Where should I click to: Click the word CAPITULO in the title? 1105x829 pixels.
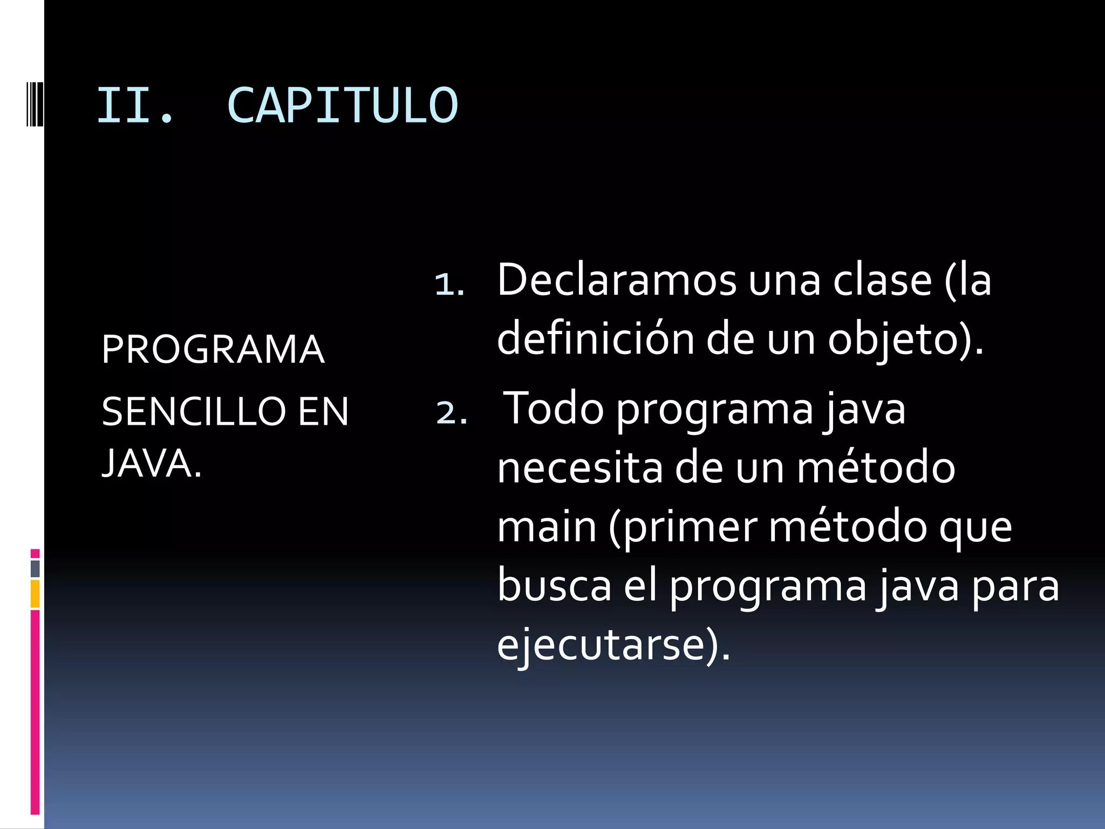(x=343, y=105)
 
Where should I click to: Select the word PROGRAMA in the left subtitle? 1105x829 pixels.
(x=213, y=349)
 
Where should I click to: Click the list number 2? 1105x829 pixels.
(x=451, y=413)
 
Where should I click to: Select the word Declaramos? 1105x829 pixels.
(x=617, y=280)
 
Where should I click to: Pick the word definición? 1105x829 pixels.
(x=595, y=339)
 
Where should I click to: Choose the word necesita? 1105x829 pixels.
(x=579, y=467)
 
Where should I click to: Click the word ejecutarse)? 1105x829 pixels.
(x=613, y=645)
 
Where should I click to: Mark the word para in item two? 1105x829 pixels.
(x=1015, y=587)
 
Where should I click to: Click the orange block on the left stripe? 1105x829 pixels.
(x=35, y=594)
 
